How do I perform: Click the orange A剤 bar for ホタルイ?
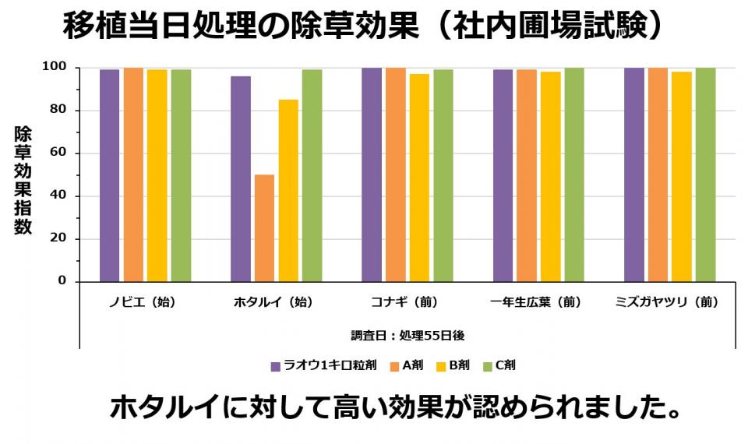point(264,227)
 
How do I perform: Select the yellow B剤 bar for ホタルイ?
point(288,190)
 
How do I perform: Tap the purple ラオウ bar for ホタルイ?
point(241,178)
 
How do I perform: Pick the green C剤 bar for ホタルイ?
point(312,175)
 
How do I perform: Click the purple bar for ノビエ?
point(110,175)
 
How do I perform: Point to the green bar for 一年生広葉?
point(574,174)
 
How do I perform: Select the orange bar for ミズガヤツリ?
point(658,174)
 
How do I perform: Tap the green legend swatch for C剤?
point(489,365)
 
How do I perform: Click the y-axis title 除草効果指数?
point(23,181)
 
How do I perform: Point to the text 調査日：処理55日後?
point(408,336)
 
